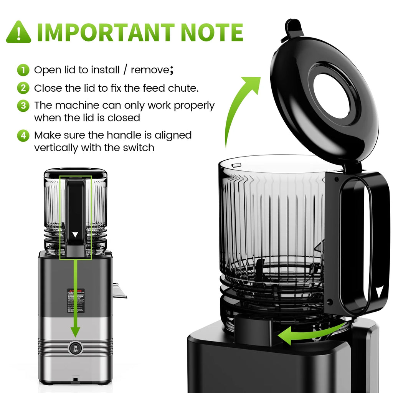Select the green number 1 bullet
pos(23,70)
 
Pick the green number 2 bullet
pos(23,88)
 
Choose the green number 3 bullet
pos(23,106)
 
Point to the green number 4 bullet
pos(23,135)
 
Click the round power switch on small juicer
pos(75,348)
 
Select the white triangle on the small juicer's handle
pos(75,234)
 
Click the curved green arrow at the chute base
pos(307,334)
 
